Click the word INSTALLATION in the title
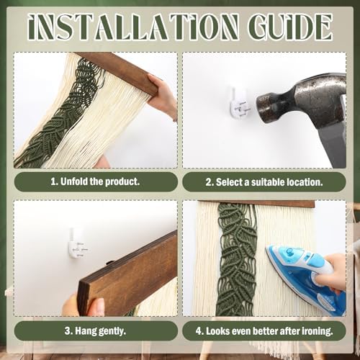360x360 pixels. click(134, 27)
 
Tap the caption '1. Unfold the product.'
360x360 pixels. click(95, 181)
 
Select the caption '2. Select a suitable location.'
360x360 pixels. click(264, 182)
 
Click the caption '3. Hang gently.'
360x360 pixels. click(95, 331)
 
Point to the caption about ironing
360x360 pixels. click(264, 331)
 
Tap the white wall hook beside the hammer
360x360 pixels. click(238, 106)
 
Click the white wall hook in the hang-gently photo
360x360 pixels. click(77, 243)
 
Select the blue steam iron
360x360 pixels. click(305, 276)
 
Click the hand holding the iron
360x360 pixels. click(333, 271)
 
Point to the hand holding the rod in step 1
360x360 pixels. click(161, 96)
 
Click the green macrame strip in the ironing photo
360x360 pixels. click(236, 259)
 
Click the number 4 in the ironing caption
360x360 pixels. click(198, 331)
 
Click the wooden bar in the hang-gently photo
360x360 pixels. click(127, 274)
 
